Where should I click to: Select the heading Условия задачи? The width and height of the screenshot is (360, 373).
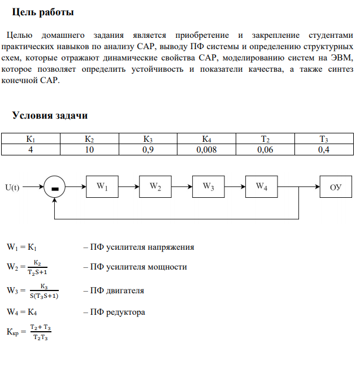50,115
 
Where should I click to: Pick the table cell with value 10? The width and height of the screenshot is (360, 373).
89,150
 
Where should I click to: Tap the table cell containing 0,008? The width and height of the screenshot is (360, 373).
206,150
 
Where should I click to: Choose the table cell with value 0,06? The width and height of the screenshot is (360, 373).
264,150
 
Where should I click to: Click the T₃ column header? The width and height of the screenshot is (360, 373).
323,139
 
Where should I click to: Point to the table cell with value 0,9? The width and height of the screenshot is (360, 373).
148,150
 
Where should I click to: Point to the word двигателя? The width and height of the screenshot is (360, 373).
123,290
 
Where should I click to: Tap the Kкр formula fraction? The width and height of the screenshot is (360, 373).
41,332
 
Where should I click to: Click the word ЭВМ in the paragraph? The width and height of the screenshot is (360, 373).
342,58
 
